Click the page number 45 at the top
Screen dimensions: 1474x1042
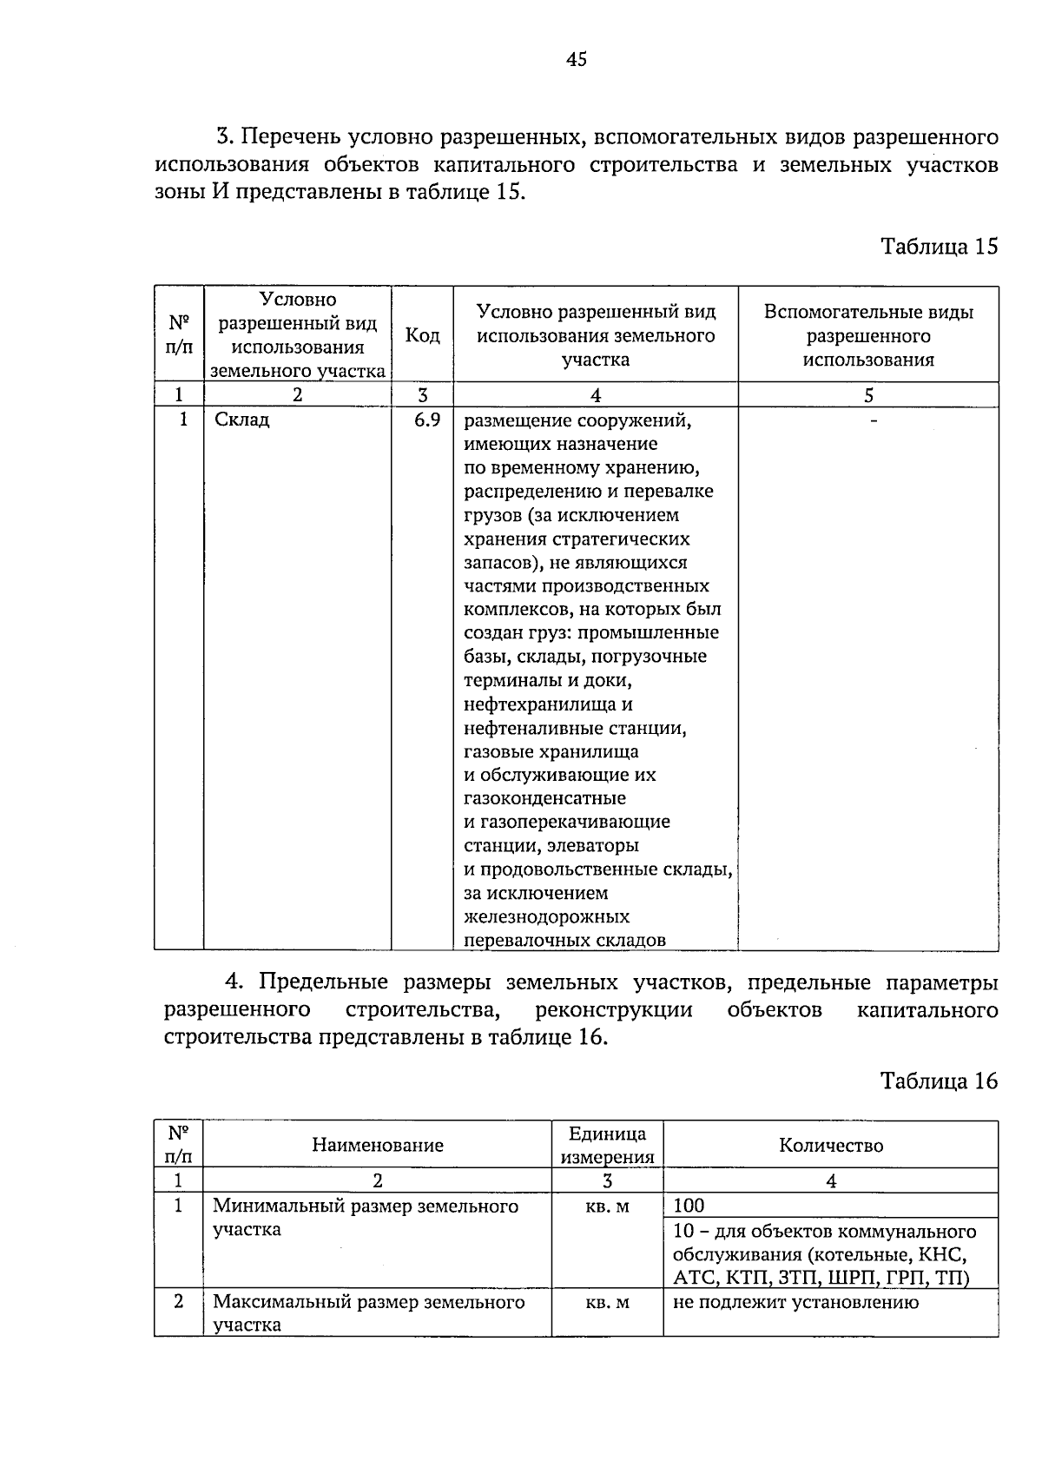[577, 59]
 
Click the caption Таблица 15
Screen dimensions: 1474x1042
[940, 246]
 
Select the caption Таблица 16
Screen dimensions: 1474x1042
[940, 1081]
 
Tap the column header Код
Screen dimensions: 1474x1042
[422, 335]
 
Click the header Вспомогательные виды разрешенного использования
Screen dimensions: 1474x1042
[868, 335]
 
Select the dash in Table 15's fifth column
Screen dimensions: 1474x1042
[874, 420]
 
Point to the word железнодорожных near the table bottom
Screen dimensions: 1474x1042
[547, 916]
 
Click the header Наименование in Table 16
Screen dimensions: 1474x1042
[378, 1145]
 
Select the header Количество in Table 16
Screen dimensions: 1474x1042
[831, 1145]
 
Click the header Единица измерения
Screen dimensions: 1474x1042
[607, 1145]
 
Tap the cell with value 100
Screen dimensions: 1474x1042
[689, 1206]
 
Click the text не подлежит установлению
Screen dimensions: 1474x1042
[795, 1302]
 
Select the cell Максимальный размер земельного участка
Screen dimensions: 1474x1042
[369, 1312]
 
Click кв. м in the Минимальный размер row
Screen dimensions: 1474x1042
[607, 1206]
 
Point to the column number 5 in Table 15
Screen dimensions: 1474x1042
[868, 395]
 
